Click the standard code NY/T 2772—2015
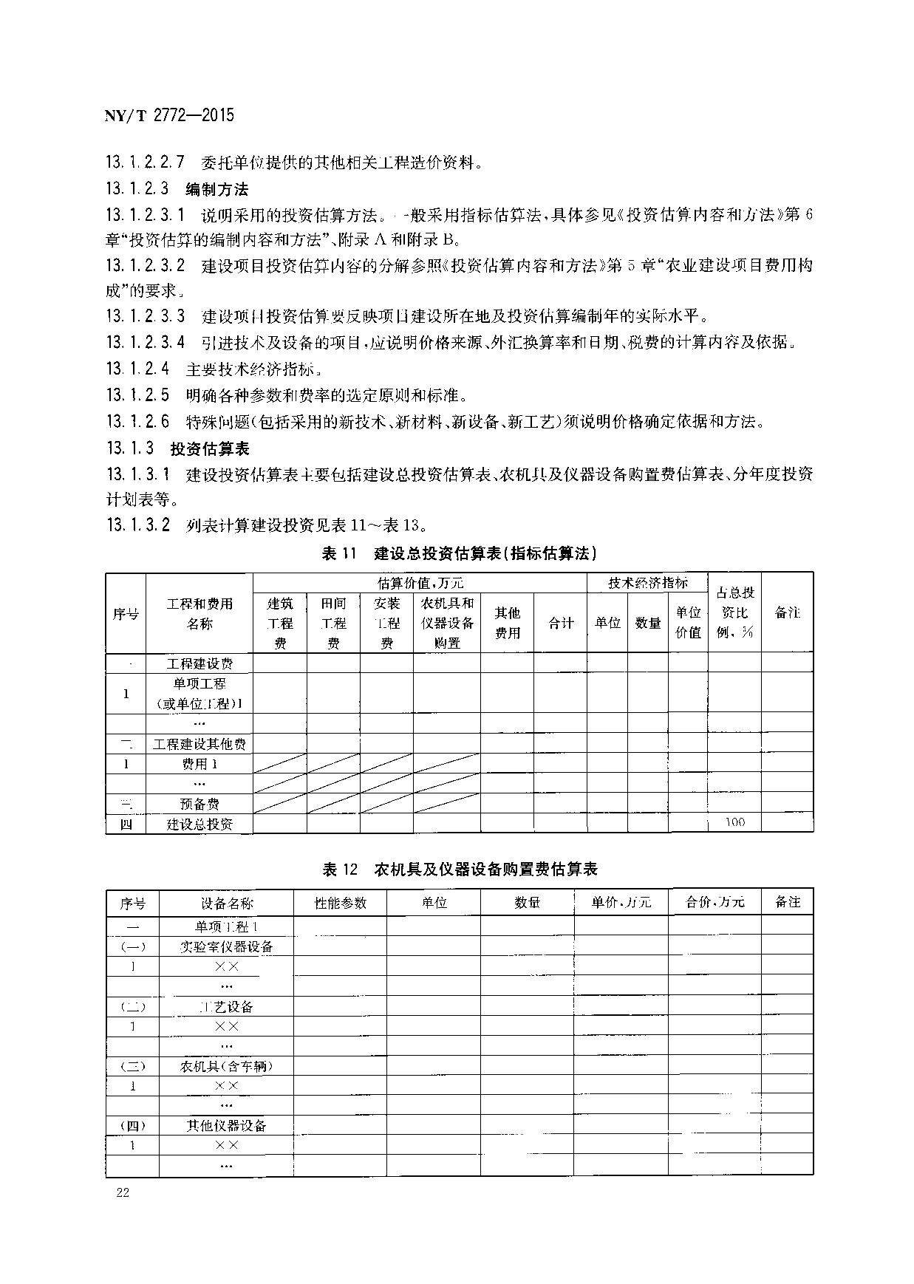169,115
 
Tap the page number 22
123,1192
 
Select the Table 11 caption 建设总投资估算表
459,553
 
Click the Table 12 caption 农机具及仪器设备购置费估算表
460,869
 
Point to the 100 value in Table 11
734,822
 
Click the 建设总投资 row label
199,824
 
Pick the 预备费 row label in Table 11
199,804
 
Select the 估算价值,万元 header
420,583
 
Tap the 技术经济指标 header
647,583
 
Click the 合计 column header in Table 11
561,623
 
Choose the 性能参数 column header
340,903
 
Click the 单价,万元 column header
621,903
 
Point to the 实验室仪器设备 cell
226,946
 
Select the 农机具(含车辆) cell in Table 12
226,1066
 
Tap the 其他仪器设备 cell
226,1126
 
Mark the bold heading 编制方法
216,189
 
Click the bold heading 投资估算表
210,448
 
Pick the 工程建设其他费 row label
199,744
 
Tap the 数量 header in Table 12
527,903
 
